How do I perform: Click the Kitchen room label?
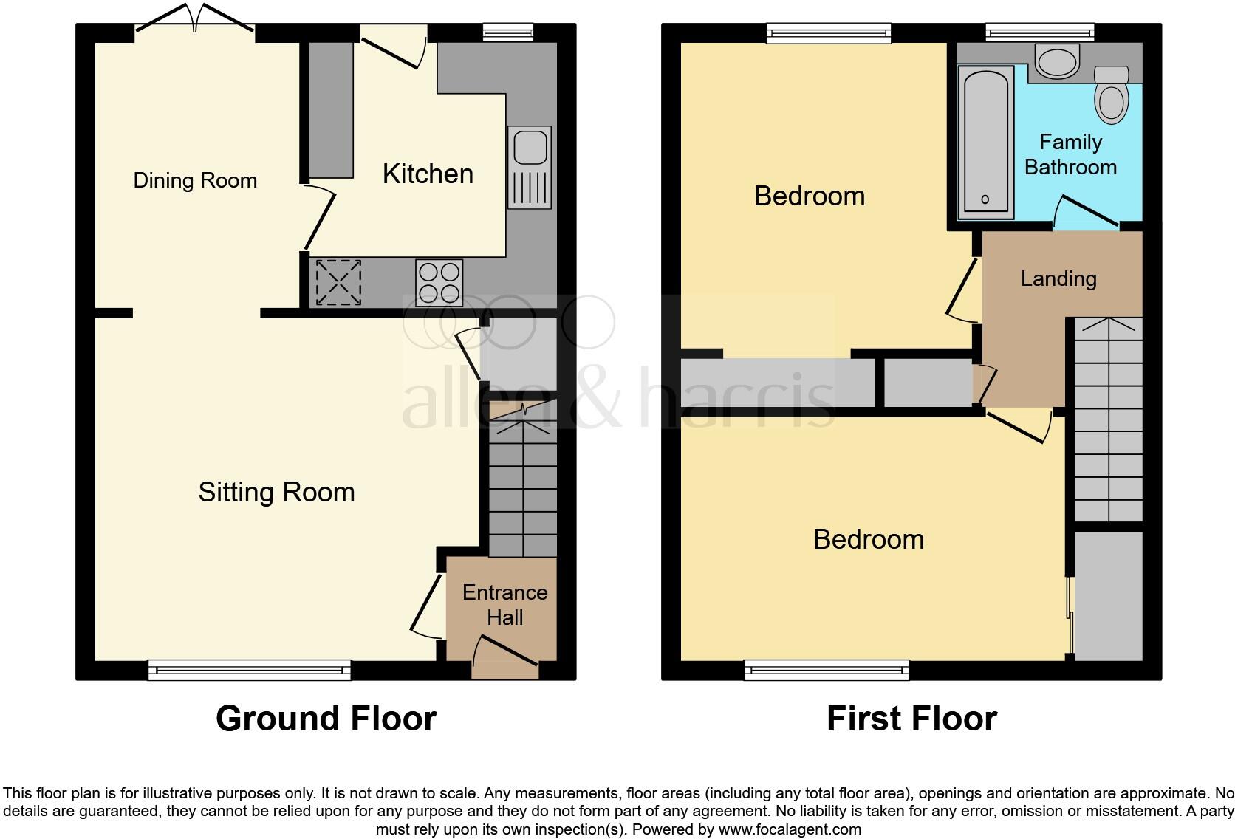click(x=428, y=174)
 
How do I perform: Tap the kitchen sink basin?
click(x=530, y=147)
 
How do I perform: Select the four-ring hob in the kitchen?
click(x=439, y=282)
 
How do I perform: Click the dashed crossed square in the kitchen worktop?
click(x=339, y=281)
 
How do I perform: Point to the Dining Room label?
click(x=195, y=180)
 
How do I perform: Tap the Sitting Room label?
click(x=276, y=493)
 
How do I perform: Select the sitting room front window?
click(x=250, y=670)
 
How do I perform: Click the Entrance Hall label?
click(x=504, y=605)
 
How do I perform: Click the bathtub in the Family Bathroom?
click(x=985, y=142)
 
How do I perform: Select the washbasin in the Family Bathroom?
click(x=1057, y=61)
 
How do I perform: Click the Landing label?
click(x=1058, y=278)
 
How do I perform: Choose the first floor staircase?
click(x=1108, y=421)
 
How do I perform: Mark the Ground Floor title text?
click(x=326, y=719)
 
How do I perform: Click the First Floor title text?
click(x=911, y=719)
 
